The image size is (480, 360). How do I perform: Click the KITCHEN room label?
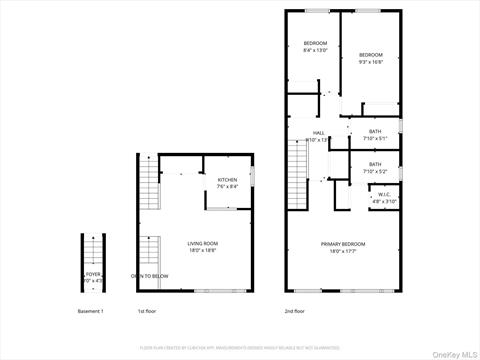click(228, 180)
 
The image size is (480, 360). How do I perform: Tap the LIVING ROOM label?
click(203, 244)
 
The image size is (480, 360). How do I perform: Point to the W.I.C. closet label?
click(385, 195)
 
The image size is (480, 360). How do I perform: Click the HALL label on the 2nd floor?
click(319, 133)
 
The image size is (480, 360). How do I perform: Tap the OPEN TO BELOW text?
click(148, 276)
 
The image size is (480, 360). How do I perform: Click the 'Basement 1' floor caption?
click(90, 311)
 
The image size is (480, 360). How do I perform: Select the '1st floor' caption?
click(148, 311)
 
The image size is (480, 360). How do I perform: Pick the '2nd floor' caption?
click(295, 311)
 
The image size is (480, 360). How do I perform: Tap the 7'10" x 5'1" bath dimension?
click(375, 138)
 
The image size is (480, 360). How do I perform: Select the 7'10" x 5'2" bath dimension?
click(375, 171)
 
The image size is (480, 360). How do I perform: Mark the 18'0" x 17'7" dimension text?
click(343, 251)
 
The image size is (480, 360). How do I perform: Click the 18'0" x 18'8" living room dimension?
click(203, 250)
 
